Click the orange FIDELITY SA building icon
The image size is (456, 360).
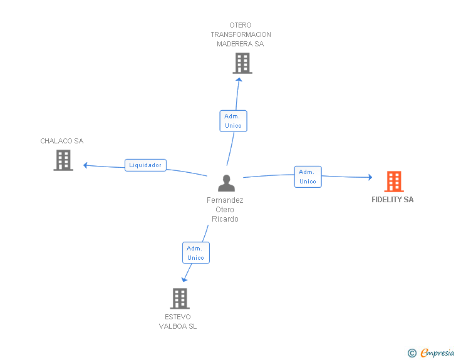click(x=393, y=182)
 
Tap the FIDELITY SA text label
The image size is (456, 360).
click(x=393, y=200)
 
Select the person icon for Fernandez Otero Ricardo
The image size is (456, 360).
click(x=226, y=183)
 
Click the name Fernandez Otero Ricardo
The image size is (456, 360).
click(x=225, y=210)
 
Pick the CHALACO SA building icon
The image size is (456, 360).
click(x=63, y=160)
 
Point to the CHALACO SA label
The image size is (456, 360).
click(x=62, y=141)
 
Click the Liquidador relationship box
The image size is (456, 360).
click(x=145, y=165)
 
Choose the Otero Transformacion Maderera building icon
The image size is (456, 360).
click(x=242, y=63)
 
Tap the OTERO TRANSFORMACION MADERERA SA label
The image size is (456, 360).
click(x=241, y=35)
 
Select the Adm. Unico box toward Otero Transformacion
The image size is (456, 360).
click(x=233, y=121)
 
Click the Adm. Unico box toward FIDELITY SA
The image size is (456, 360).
click(x=308, y=177)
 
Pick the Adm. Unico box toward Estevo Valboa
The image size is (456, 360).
click(x=195, y=253)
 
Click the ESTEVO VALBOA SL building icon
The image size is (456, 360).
click(x=180, y=299)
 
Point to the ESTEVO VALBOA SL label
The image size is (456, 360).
click(x=178, y=321)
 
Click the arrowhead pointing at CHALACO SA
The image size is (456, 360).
click(x=85, y=165)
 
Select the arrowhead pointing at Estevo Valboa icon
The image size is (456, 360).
click(x=184, y=280)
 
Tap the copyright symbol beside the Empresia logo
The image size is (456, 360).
click(x=412, y=353)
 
